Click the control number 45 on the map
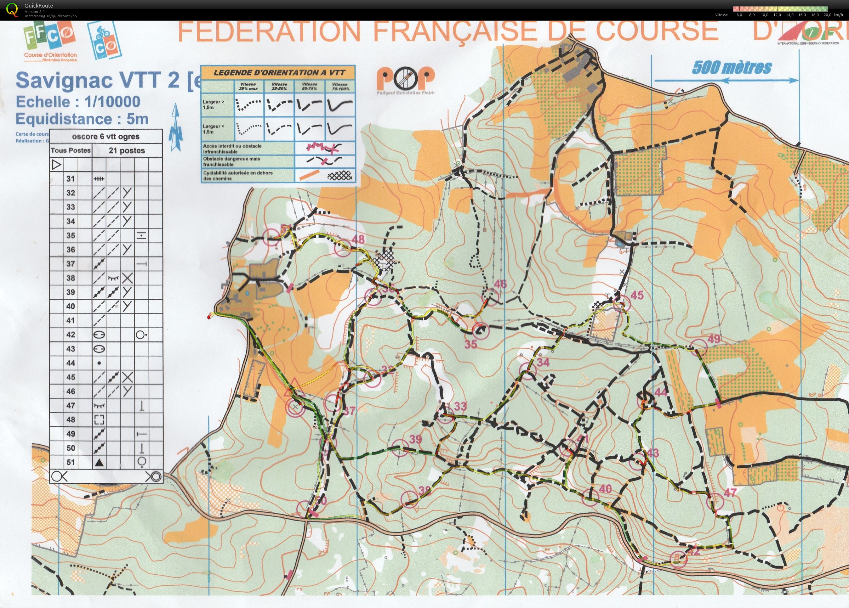tap(637, 295)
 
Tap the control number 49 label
tap(714, 339)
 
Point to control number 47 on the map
tap(730, 493)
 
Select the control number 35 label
tap(470, 343)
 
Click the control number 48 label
tap(358, 239)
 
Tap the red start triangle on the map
tap(294, 388)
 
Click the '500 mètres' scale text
tap(732, 68)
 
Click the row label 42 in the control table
tap(71, 335)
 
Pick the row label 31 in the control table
tap(71, 178)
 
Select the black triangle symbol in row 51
tap(99, 463)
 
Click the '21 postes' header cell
tap(127, 150)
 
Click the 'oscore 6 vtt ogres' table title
tap(105, 136)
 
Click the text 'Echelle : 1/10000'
tap(78, 101)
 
